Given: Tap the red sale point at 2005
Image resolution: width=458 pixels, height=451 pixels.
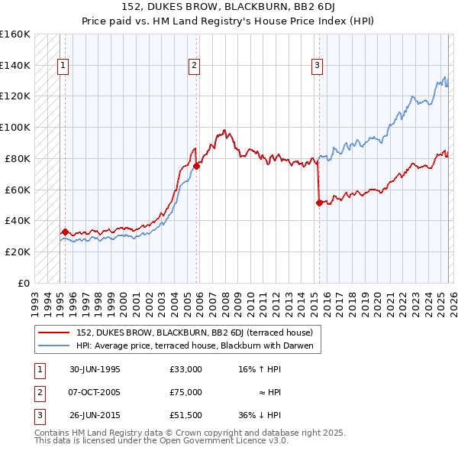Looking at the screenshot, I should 196,165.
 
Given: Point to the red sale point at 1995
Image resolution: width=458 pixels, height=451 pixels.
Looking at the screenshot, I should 65,231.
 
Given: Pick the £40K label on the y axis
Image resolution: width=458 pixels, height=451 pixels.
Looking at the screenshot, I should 18,220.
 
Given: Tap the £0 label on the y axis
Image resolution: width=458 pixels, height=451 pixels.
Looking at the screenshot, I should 23,283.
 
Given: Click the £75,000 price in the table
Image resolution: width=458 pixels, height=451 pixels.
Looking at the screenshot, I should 185,392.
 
